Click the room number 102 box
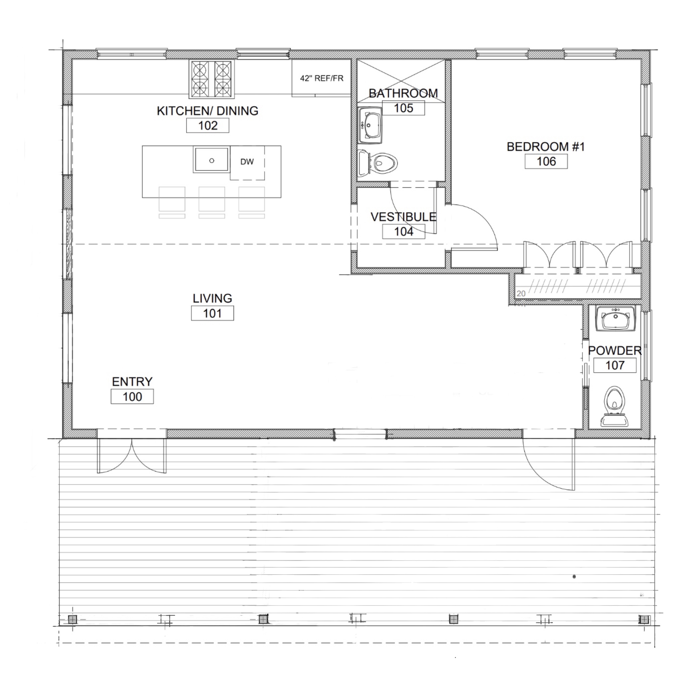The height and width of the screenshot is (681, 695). click(x=208, y=125)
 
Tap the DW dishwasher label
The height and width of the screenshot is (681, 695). click(x=247, y=162)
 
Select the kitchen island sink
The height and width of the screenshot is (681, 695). click(x=211, y=160)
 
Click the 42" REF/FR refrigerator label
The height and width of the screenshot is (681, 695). click(x=322, y=78)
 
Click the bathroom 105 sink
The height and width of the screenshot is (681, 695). click(x=370, y=125)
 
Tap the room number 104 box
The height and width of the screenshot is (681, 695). click(x=404, y=232)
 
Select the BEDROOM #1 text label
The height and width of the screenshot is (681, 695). click(x=546, y=147)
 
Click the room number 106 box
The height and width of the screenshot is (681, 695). click(x=546, y=161)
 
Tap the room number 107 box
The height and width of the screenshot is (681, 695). click(x=615, y=365)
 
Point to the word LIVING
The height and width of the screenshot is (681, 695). click(x=212, y=298)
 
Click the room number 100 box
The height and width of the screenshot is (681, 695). click(x=132, y=397)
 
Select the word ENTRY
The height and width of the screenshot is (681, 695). click(x=132, y=382)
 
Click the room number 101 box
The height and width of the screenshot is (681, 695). click(x=212, y=313)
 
